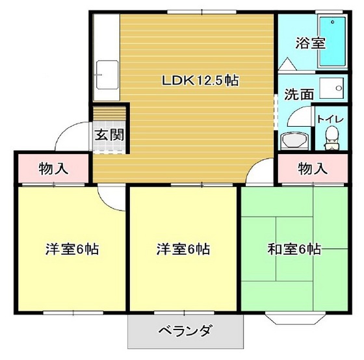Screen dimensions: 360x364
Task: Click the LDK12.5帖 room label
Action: [200, 81]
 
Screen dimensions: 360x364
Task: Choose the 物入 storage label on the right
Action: [313, 170]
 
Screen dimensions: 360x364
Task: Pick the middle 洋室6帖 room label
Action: [184, 249]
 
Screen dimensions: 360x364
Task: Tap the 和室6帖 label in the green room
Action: [295, 249]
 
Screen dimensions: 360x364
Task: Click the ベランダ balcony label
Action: [185, 331]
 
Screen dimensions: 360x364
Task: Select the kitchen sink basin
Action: [106, 76]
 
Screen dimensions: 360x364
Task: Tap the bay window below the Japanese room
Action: [295, 317]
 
